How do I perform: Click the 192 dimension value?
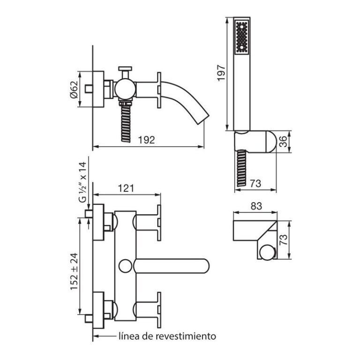(146, 140)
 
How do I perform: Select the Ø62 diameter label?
(75, 90)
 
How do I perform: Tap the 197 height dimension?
(221, 73)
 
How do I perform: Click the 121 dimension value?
(126, 188)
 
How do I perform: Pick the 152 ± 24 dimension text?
(75, 271)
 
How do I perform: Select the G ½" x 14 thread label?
(82, 182)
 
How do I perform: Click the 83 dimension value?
(256, 206)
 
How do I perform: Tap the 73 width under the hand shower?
(255, 183)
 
